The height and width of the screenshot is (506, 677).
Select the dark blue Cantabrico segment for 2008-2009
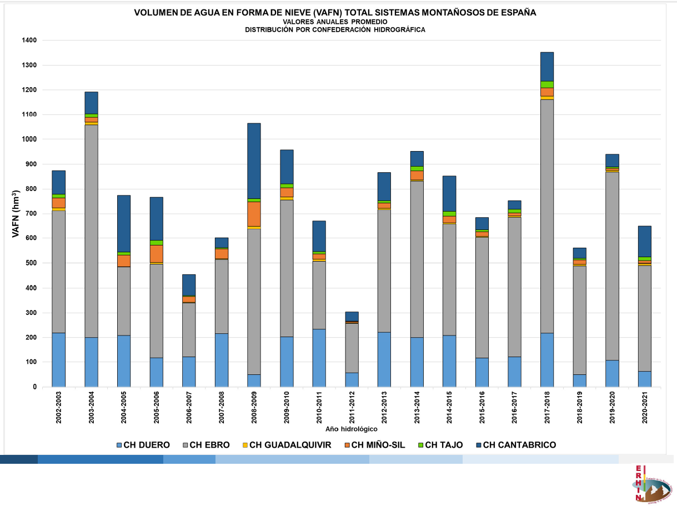click(254, 161)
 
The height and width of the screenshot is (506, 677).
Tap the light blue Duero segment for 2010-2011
click(319, 358)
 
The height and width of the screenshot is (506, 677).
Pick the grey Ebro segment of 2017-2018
click(546, 216)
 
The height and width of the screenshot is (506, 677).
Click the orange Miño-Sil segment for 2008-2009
click(254, 214)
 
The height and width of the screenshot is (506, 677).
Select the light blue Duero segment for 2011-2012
click(352, 379)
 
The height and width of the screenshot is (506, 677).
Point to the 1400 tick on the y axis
click(29, 41)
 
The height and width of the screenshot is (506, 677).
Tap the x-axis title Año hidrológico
click(351, 429)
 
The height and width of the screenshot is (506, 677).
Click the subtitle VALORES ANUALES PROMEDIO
click(335, 21)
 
